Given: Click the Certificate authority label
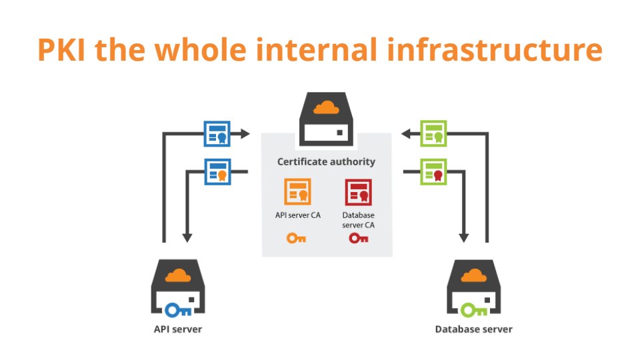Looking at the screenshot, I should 326,161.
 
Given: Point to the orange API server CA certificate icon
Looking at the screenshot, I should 297,192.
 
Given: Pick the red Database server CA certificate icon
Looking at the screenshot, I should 358,192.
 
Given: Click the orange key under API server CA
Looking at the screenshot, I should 297,238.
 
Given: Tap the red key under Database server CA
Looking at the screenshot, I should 358,238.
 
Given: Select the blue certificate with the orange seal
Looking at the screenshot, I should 217,171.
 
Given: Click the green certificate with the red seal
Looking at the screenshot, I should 433,171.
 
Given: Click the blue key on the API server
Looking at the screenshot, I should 179,309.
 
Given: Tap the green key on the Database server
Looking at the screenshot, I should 474,309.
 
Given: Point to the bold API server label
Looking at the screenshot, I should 177,329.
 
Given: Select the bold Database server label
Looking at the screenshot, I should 474,329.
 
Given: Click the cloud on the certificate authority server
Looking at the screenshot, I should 326,107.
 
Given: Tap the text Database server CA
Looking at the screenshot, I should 358,220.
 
